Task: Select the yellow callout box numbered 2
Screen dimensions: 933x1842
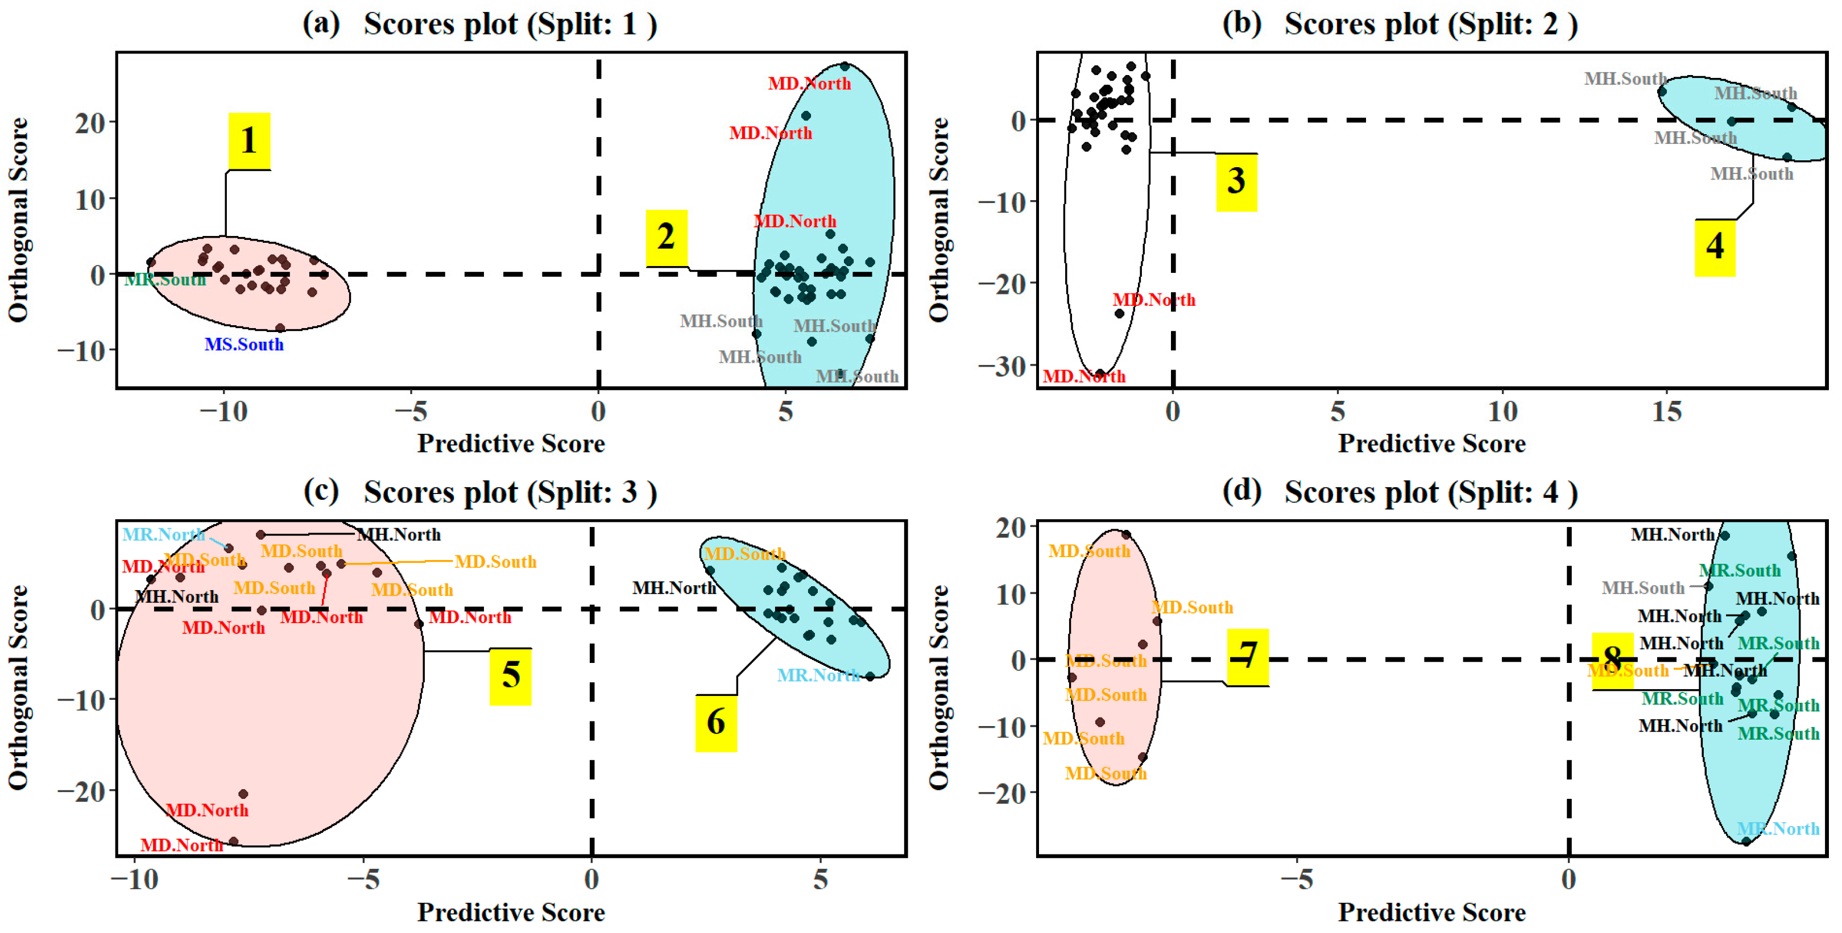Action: pyautogui.click(x=666, y=237)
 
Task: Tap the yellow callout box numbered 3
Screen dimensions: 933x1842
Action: pyautogui.click(x=1236, y=181)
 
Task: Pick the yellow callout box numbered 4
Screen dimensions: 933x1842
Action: pyautogui.click(x=1715, y=247)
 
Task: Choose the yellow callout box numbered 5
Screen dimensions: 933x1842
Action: pyautogui.click(x=511, y=675)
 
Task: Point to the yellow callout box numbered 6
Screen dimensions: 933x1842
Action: pyautogui.click(x=716, y=723)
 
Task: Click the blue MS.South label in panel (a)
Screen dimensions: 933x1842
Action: pyautogui.click(x=244, y=345)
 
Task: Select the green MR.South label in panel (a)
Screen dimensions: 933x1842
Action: pyautogui.click(x=165, y=280)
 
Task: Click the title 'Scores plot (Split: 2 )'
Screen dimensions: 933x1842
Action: pyautogui.click(x=1431, y=24)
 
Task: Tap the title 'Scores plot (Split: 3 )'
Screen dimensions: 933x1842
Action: pyautogui.click(x=510, y=492)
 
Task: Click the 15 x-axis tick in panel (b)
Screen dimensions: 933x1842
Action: pyautogui.click(x=1667, y=412)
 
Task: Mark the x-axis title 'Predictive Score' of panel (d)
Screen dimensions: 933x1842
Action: pyautogui.click(x=1431, y=913)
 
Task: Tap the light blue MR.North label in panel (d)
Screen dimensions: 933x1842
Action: pyautogui.click(x=1778, y=828)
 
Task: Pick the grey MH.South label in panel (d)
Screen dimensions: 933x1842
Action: pyautogui.click(x=1643, y=588)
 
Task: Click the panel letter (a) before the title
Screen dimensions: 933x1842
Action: pyautogui.click(x=321, y=23)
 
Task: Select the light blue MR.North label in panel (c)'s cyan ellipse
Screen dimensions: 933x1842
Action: pyautogui.click(x=818, y=675)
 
